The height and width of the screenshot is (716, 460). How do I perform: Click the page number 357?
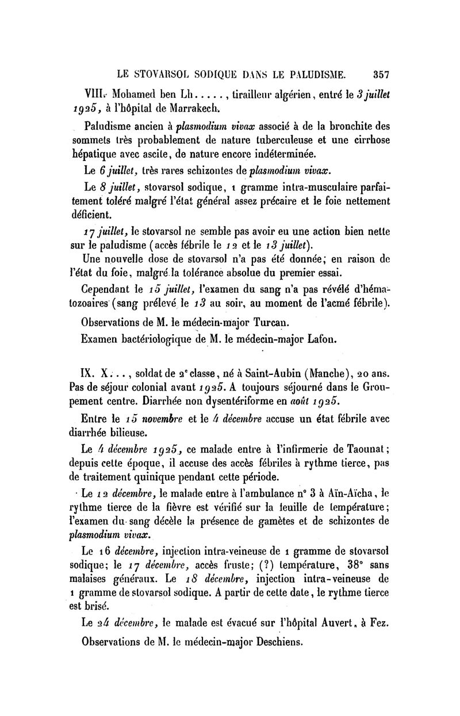382,74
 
